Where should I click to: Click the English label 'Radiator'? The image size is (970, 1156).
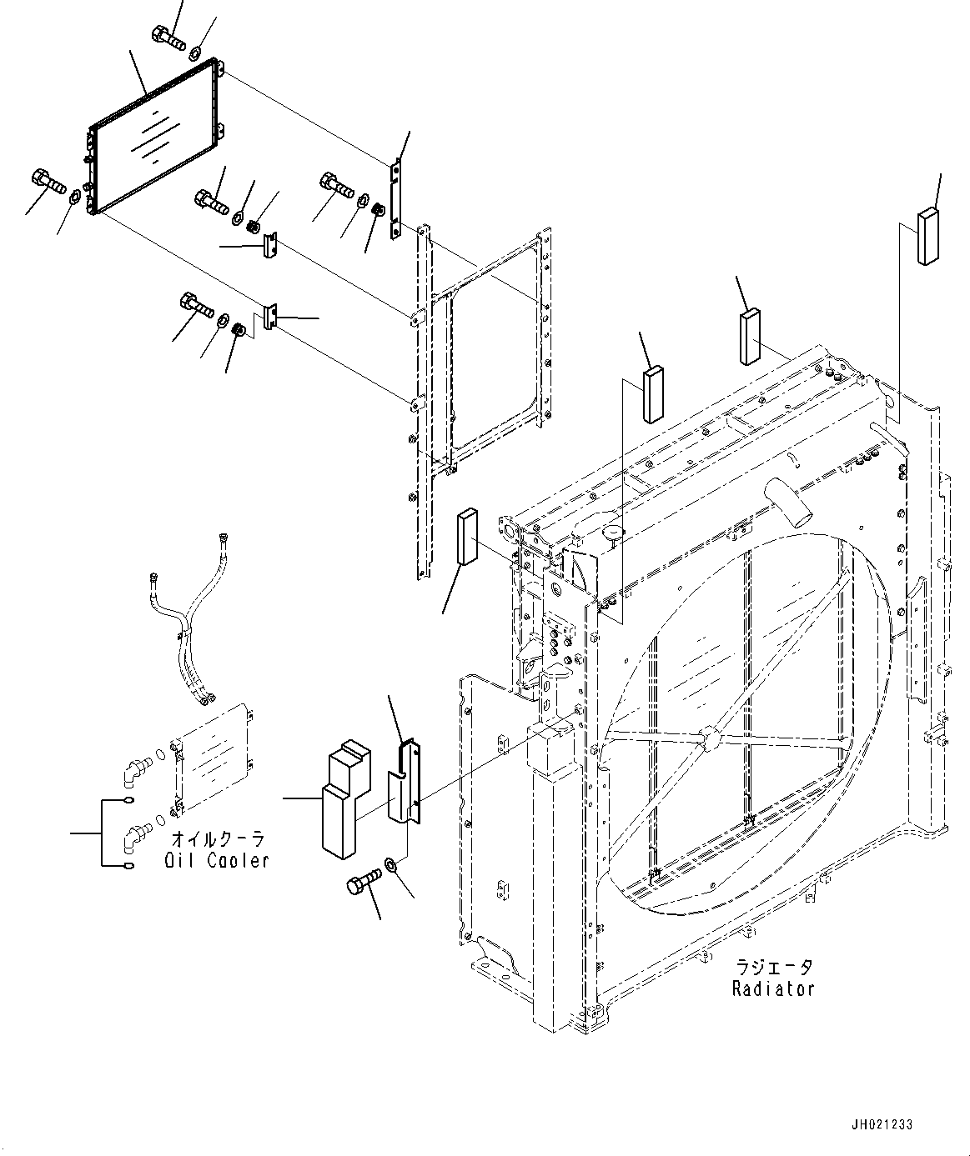(x=772, y=989)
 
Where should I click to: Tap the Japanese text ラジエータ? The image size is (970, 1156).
(x=772, y=968)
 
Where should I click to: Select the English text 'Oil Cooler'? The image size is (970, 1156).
(x=217, y=860)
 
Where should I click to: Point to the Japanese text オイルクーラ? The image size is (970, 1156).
(x=217, y=838)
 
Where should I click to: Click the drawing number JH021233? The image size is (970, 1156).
(x=882, y=1124)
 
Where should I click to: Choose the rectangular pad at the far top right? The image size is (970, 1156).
(x=927, y=237)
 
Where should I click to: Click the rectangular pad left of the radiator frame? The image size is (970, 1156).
(x=465, y=538)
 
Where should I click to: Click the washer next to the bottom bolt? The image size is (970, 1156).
(x=391, y=863)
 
